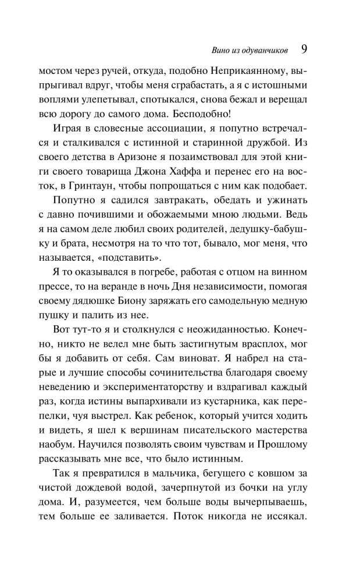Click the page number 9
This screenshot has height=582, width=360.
pos(304,49)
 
